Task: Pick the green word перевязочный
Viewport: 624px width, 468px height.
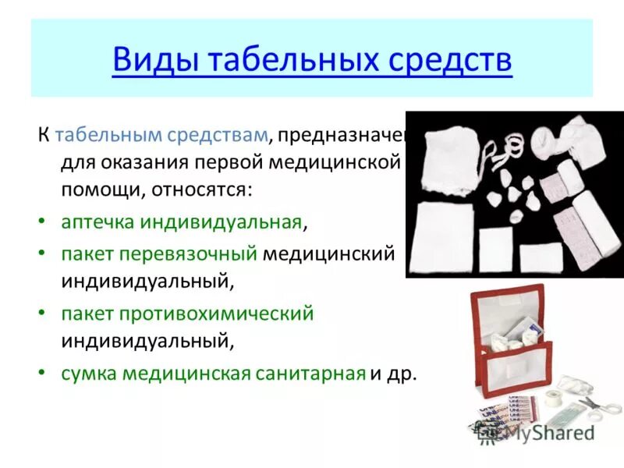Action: point(198,253)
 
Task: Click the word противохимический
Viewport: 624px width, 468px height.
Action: point(216,314)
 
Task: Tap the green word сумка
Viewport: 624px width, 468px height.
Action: point(88,373)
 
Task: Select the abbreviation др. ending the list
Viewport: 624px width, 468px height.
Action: point(403,373)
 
